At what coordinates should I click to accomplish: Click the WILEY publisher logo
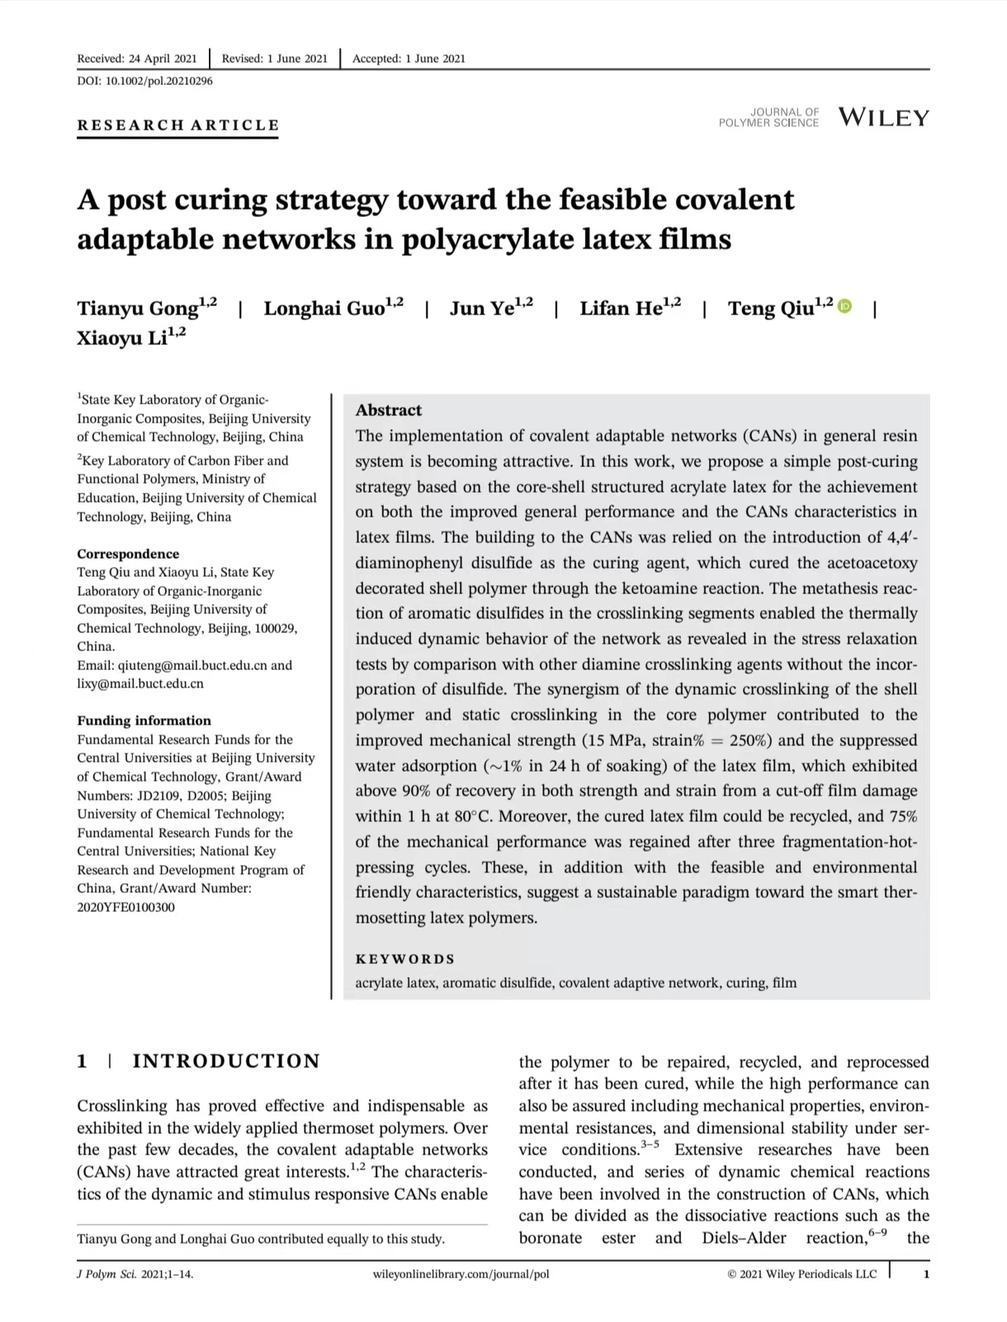point(883,117)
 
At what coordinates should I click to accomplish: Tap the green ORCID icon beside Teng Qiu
point(844,307)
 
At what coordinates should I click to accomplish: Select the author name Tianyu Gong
point(138,309)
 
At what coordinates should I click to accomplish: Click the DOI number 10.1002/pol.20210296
point(159,81)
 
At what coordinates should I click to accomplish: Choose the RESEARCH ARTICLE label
point(178,125)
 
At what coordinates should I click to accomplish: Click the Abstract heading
point(388,410)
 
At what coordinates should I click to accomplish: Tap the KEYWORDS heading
point(404,959)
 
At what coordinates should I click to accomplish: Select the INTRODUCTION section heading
point(225,1061)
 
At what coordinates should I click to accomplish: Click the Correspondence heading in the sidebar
point(128,554)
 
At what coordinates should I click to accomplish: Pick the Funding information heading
point(144,720)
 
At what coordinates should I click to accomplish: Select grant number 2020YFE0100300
point(125,907)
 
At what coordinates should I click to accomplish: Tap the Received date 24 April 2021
point(162,59)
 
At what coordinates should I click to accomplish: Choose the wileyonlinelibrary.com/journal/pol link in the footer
point(461,1274)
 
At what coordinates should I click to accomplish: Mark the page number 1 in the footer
point(926,1274)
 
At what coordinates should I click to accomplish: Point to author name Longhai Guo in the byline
point(324,309)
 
